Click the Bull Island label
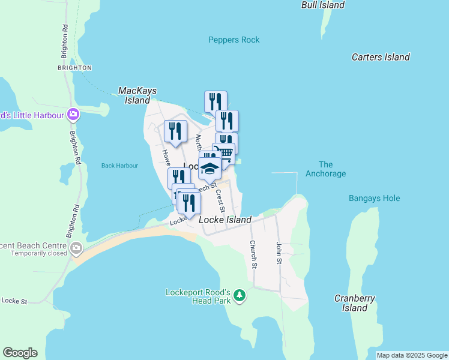tap(323, 5)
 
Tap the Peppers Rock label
tap(234, 40)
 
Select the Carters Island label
tap(381, 57)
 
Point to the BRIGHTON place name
tap(74, 68)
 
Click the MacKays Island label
tap(137, 95)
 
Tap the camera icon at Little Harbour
tap(73, 113)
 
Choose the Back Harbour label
tap(119, 166)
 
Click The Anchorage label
tap(326, 169)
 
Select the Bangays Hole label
tap(374, 198)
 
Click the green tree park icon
tap(240, 295)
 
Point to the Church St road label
tap(253, 254)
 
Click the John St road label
tap(279, 253)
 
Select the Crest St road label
tap(220, 201)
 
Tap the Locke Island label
tap(224, 220)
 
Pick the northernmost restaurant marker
tap(215, 101)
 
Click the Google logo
tap(20, 353)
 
